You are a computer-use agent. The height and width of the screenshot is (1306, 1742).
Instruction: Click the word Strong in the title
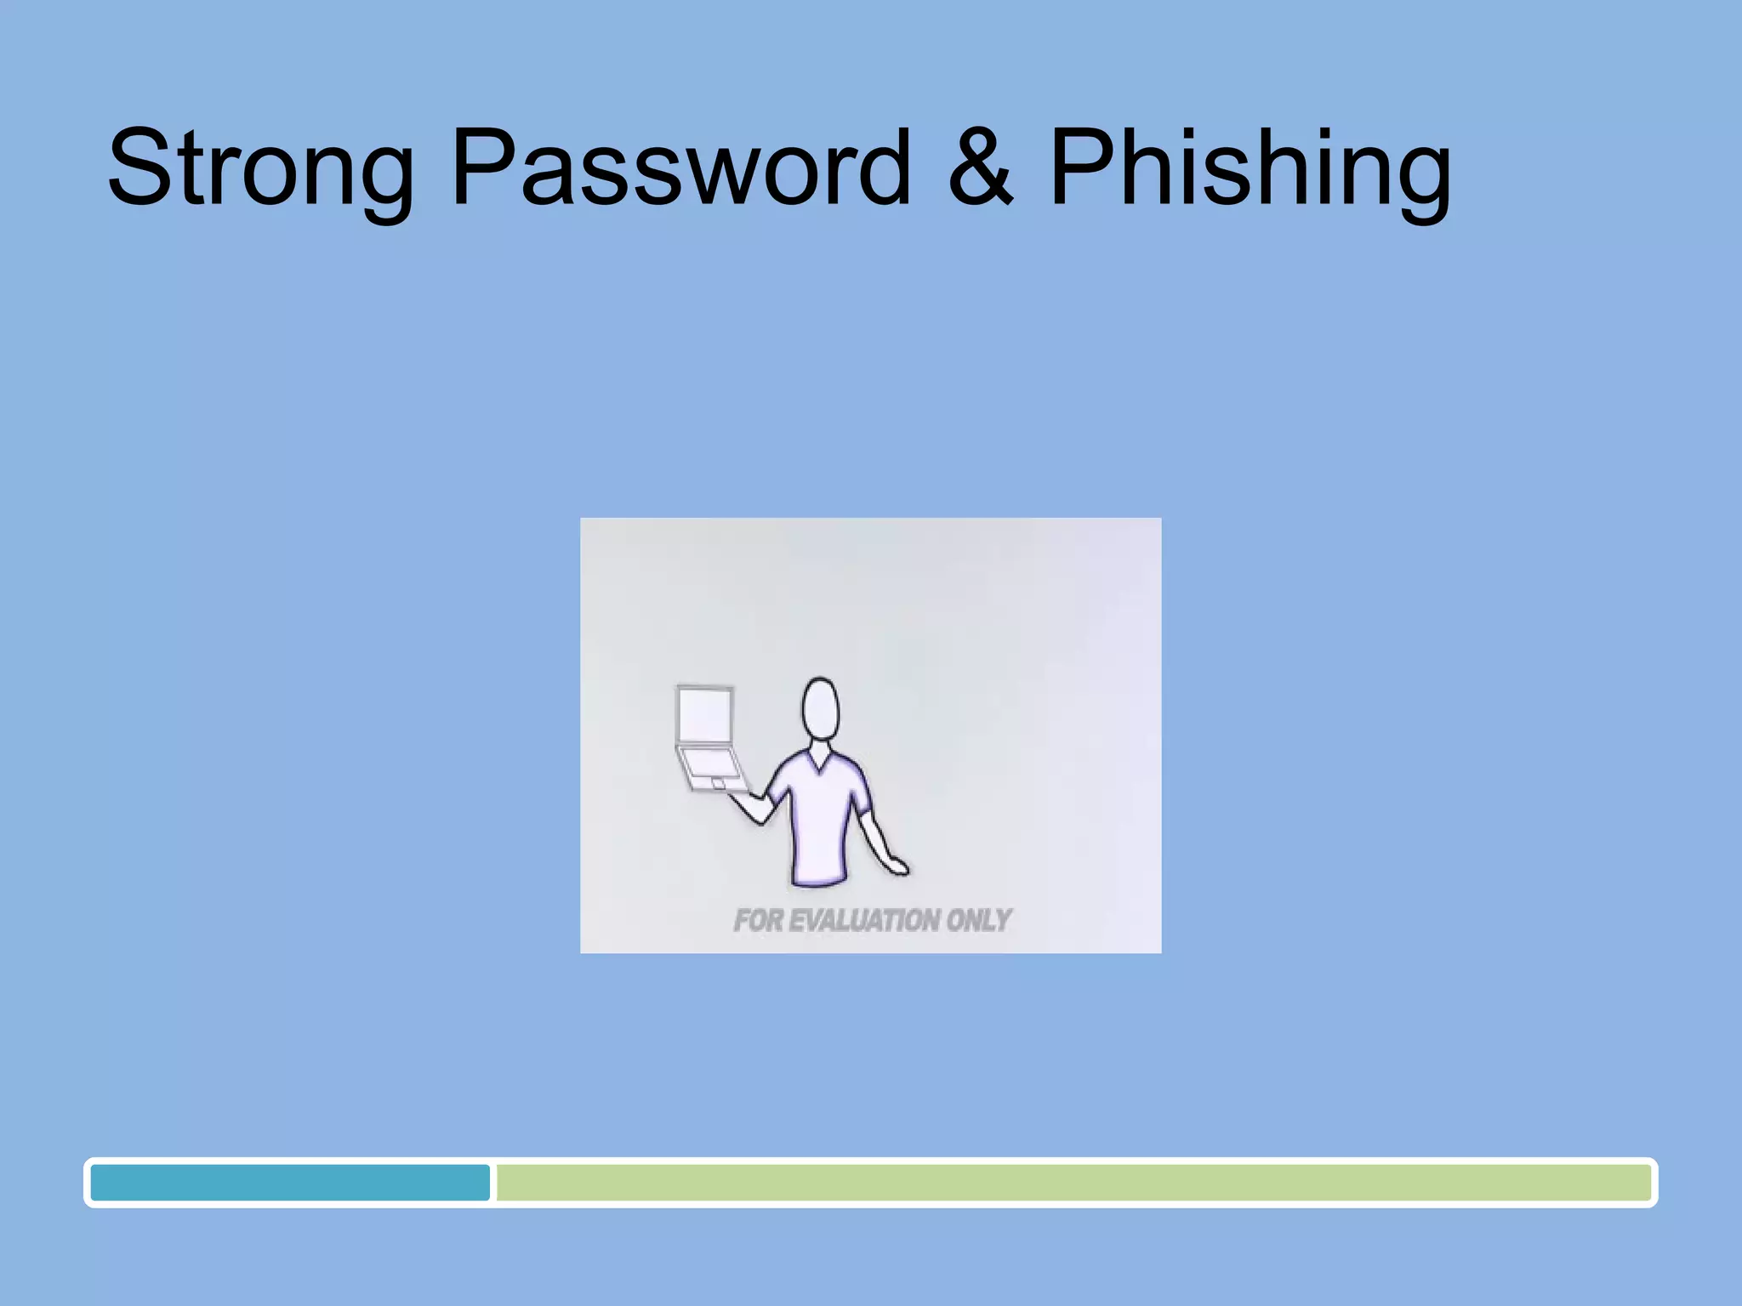(x=259, y=168)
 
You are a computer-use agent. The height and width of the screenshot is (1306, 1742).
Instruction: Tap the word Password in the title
(x=680, y=168)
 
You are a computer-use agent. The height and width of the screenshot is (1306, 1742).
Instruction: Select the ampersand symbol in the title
(x=981, y=168)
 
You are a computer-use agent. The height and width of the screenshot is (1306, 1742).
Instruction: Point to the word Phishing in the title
(x=1250, y=168)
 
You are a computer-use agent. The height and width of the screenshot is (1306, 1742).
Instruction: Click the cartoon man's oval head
(x=820, y=709)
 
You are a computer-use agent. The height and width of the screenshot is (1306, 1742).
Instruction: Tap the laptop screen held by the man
(x=704, y=714)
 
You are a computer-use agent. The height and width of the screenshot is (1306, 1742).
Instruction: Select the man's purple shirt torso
(x=820, y=821)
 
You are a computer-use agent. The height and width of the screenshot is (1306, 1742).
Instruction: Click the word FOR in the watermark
(x=757, y=920)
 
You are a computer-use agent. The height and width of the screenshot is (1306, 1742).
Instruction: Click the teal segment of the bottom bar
(x=290, y=1183)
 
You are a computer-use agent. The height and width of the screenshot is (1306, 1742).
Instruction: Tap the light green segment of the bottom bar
(x=1072, y=1183)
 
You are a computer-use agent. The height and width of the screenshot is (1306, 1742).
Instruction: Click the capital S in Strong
(x=140, y=168)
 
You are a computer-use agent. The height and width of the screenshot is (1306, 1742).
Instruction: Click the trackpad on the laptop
(x=718, y=781)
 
